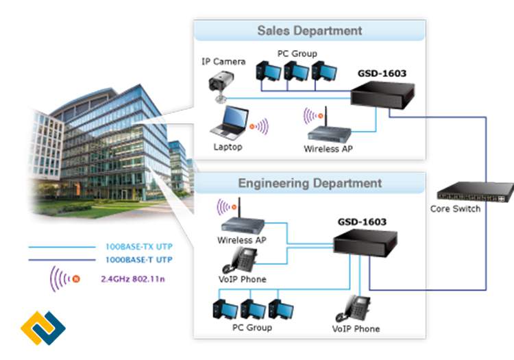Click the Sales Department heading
pos(309,31)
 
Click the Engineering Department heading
pos(310,184)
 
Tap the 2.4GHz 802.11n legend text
pos(135,279)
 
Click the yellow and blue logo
pos(42,327)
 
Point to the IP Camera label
pos(223,61)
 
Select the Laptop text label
pos(228,147)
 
